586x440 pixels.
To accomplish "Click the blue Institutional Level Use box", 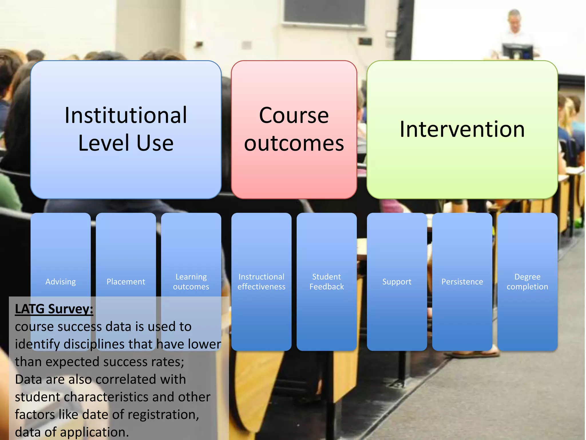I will point(126,129).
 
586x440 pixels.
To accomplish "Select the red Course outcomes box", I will point(294,129).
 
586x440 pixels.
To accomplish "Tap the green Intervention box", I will point(462,129).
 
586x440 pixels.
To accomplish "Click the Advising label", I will point(61,282).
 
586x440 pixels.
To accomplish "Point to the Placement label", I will point(126,282).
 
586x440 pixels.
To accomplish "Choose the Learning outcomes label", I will point(191,282).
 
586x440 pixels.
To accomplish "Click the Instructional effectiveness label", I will point(261,282).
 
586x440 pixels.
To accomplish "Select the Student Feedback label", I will point(326,282).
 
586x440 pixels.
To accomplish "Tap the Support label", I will point(397,282).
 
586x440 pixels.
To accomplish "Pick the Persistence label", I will point(462,282).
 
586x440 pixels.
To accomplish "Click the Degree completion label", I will point(527,282).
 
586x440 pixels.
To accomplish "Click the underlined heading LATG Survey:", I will point(54,309).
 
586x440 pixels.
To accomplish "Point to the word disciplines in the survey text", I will point(108,344).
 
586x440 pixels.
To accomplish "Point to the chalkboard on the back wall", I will point(324,11).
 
